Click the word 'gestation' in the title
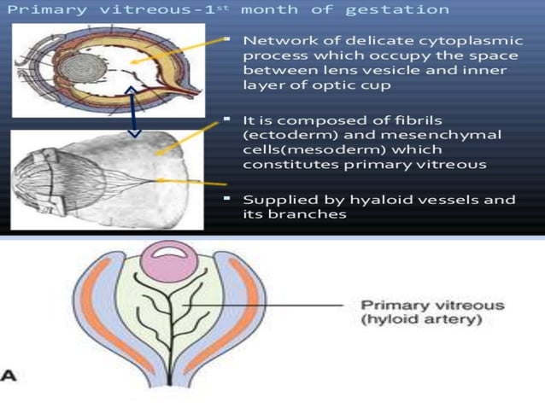coord(407,9)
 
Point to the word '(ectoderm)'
coord(286,134)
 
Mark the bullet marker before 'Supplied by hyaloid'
coord(228,197)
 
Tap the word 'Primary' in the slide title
coord(36,9)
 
